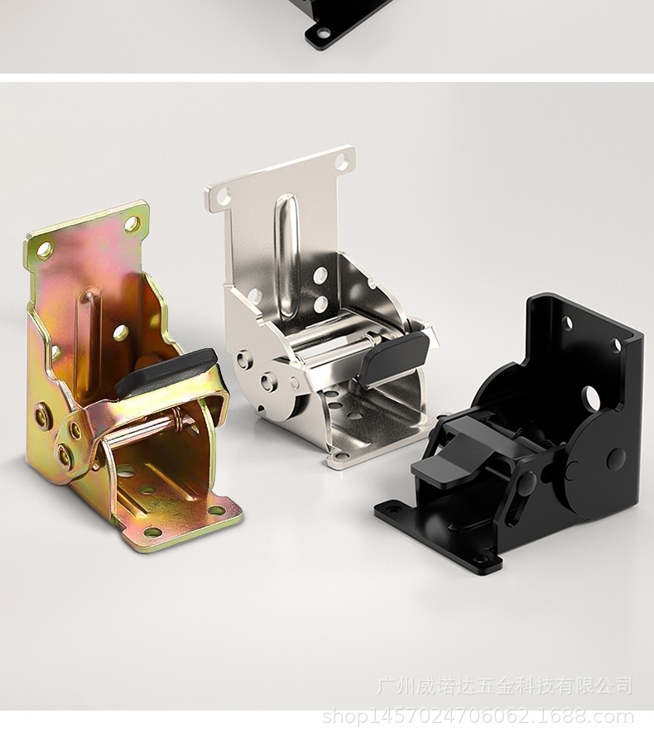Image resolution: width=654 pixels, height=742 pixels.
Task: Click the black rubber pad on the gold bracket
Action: coord(166,374)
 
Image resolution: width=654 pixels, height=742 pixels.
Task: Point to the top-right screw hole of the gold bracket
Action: coord(132,223)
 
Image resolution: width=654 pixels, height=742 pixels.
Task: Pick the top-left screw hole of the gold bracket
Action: coord(45,249)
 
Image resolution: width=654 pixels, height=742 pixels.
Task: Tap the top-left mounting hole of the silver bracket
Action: coord(224,196)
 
